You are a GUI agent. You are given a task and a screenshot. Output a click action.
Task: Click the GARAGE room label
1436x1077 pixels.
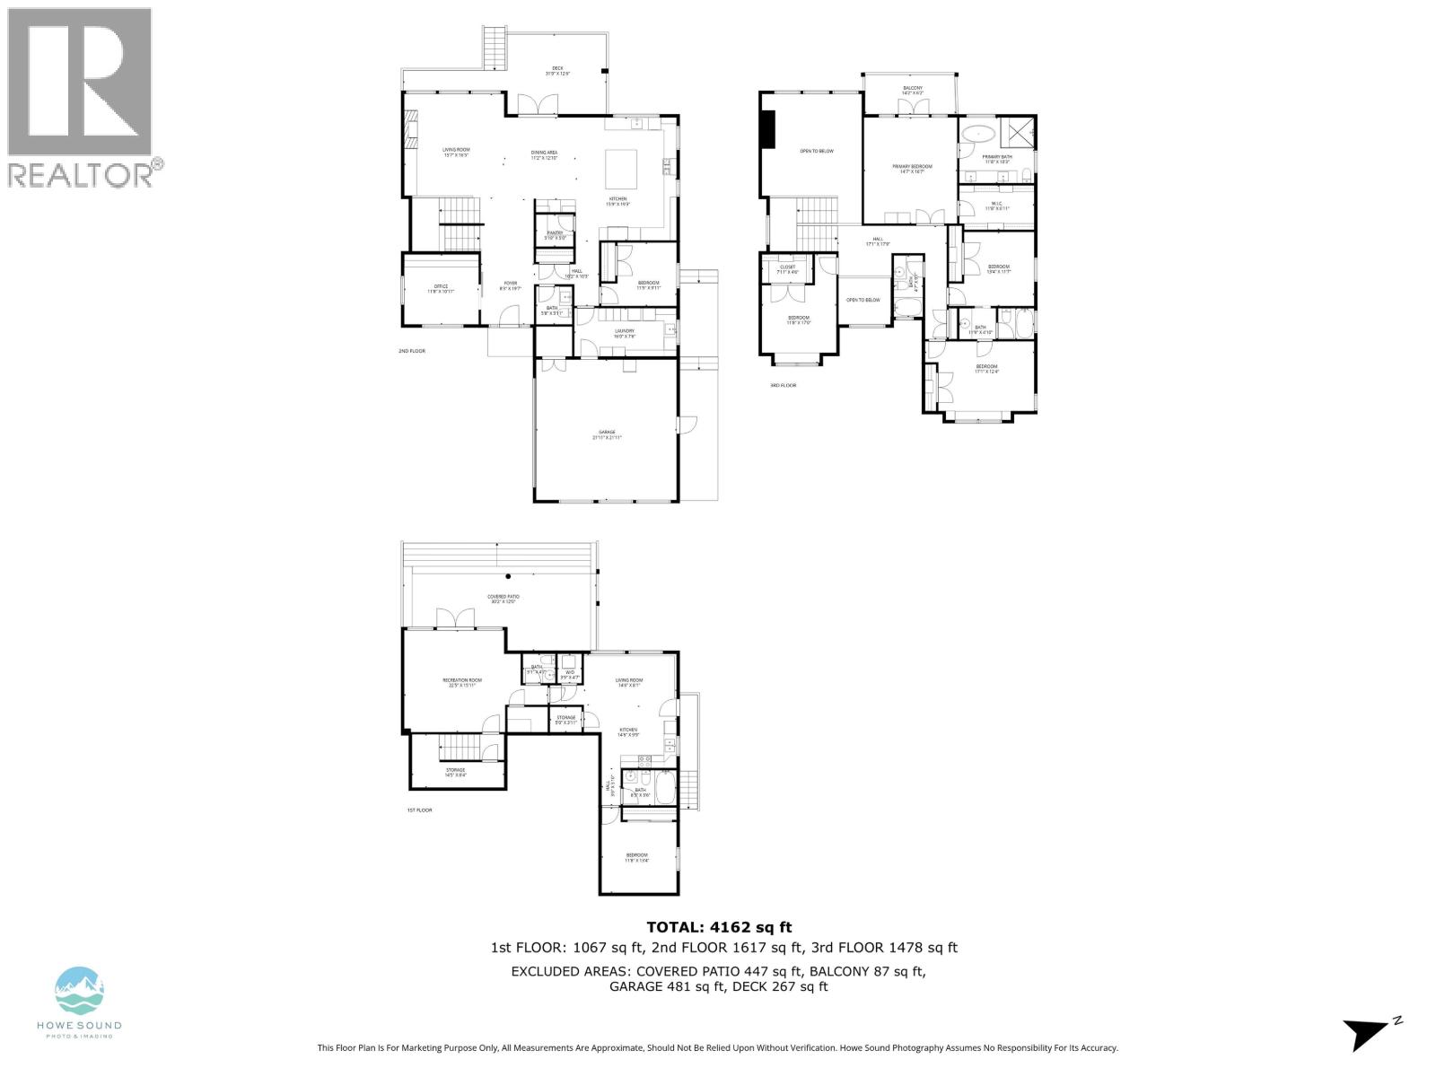pos(608,434)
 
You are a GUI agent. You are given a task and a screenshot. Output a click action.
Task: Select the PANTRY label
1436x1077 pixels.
pos(555,235)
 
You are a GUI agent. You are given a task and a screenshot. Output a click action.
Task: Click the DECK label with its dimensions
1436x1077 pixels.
pos(557,71)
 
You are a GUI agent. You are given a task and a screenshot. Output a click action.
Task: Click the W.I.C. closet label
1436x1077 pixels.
pos(997,206)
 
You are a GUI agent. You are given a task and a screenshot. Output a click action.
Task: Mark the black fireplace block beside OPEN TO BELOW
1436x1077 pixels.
pos(767,128)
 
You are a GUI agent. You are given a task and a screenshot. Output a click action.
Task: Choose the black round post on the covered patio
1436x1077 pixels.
pos(508,576)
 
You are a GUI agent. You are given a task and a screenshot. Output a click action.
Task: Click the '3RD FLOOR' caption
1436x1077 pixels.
pos(783,385)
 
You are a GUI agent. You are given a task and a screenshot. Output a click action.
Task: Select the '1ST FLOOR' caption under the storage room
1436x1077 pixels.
pos(419,810)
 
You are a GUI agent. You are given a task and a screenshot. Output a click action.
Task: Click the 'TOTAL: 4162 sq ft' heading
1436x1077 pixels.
pos(719,927)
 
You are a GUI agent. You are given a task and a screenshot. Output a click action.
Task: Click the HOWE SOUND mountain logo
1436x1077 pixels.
pos(80,991)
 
